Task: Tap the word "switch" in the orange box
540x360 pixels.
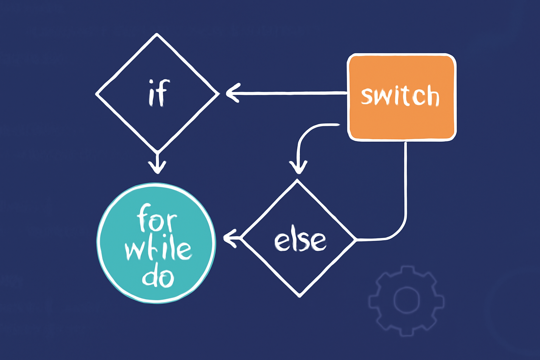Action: tap(400, 96)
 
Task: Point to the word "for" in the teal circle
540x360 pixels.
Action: tap(156, 219)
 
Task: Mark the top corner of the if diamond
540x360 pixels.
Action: tap(157, 34)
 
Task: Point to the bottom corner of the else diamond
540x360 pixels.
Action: tap(300, 296)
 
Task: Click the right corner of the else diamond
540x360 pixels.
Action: tap(355, 240)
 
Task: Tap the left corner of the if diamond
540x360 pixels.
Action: tap(97, 94)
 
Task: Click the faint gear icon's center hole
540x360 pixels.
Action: tap(406, 300)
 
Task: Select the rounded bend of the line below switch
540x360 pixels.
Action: tap(399, 232)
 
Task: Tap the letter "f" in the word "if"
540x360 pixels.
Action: tap(163, 92)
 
